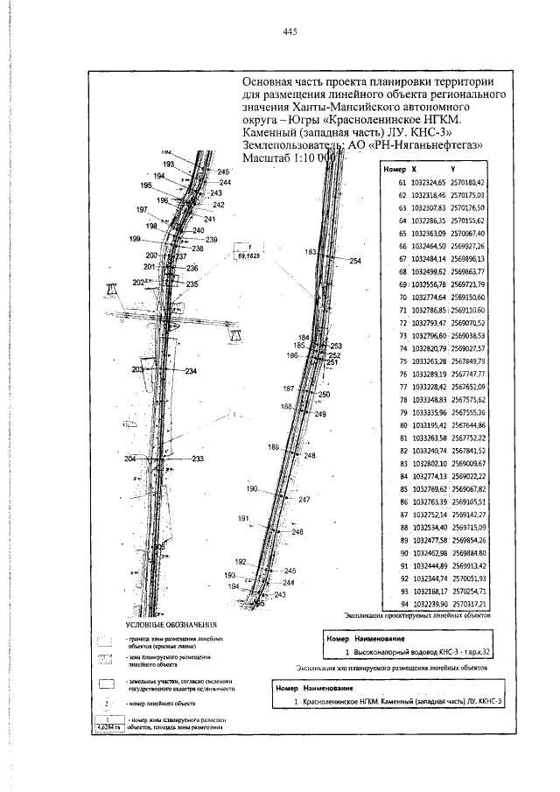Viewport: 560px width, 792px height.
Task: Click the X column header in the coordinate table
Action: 414,166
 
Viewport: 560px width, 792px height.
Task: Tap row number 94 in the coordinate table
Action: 403,605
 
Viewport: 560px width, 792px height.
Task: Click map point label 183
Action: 311,251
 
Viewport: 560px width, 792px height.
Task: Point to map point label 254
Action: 354,261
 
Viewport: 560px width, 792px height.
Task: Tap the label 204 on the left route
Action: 130,459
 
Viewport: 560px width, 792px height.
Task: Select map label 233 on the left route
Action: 198,459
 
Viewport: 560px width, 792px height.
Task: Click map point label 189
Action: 273,447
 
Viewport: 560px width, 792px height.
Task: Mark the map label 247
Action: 304,499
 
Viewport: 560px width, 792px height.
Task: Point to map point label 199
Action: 134,239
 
